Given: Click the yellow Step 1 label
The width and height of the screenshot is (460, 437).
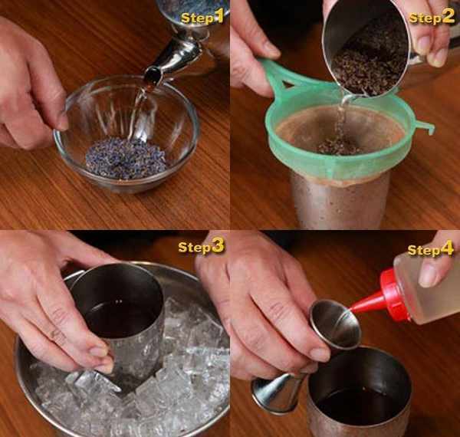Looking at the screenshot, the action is pyautogui.click(x=202, y=18).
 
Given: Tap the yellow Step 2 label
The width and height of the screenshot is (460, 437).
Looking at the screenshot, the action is pyautogui.click(x=432, y=18).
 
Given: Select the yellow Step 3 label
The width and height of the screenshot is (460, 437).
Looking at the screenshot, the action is pyautogui.click(x=201, y=247).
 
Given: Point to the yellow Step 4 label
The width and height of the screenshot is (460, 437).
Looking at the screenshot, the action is pyautogui.click(x=431, y=250).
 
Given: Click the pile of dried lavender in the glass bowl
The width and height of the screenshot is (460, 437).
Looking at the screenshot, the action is pyautogui.click(x=127, y=159).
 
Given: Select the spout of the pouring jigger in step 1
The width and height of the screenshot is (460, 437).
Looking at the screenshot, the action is pyautogui.click(x=154, y=76).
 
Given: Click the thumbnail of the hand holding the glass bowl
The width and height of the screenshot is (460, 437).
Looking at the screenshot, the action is pyautogui.click(x=63, y=121).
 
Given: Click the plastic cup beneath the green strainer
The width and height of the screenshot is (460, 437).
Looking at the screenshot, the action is pyautogui.click(x=340, y=199).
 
